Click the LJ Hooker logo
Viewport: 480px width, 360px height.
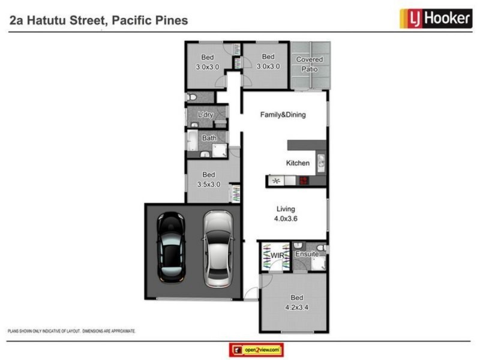pyautogui.click(x=435, y=19)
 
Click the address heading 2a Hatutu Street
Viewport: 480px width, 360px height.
pyautogui.click(x=99, y=20)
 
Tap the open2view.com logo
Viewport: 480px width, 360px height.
pyautogui.click(x=256, y=350)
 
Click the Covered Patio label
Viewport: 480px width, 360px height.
pyautogui.click(x=310, y=64)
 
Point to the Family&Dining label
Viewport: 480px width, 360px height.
pyautogui.click(x=283, y=115)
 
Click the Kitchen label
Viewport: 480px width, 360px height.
pyautogui.click(x=298, y=163)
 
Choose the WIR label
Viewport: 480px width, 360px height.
pyautogui.click(x=277, y=256)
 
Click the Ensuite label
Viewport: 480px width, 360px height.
pyautogui.click(x=307, y=254)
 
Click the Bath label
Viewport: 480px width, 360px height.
pyautogui.click(x=209, y=138)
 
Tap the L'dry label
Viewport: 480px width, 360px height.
pyautogui.click(x=206, y=115)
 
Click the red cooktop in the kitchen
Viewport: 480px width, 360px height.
pyautogui.click(x=304, y=181)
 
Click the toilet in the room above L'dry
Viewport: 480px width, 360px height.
pyautogui.click(x=190, y=97)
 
